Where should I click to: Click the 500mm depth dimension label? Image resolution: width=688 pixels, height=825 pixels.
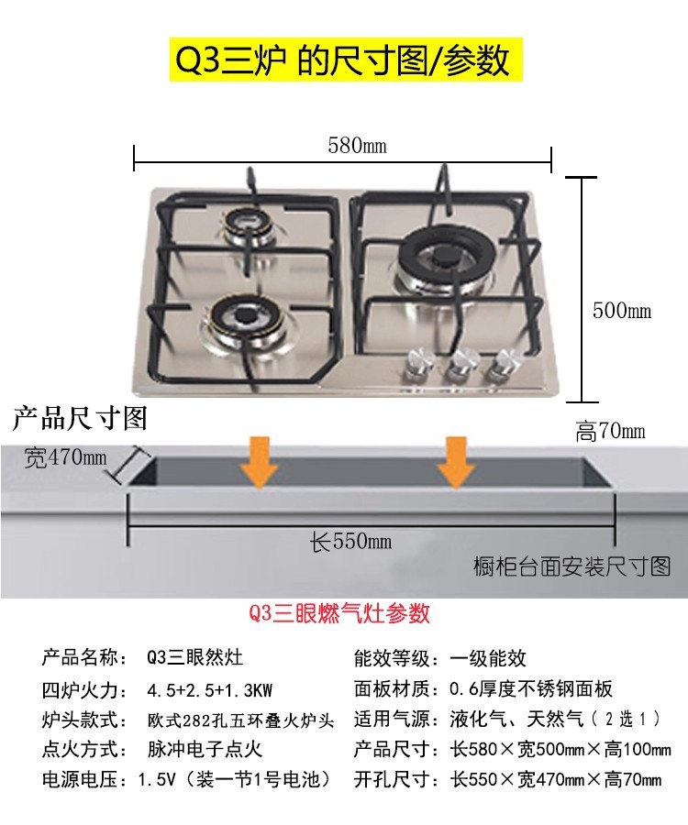621,311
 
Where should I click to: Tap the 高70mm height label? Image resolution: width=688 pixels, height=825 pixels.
610,431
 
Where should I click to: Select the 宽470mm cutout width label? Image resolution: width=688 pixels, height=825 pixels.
65,456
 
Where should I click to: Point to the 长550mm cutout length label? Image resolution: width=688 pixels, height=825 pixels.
351,542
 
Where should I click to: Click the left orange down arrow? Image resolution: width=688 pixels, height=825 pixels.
261,465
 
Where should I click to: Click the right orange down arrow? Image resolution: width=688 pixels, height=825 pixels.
456,465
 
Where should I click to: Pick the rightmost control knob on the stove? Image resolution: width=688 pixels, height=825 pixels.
500,366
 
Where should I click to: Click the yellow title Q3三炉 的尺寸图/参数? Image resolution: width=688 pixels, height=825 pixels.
343,61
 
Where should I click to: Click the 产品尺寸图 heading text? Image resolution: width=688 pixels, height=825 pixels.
79,419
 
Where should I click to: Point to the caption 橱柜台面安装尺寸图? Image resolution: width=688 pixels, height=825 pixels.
572,567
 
